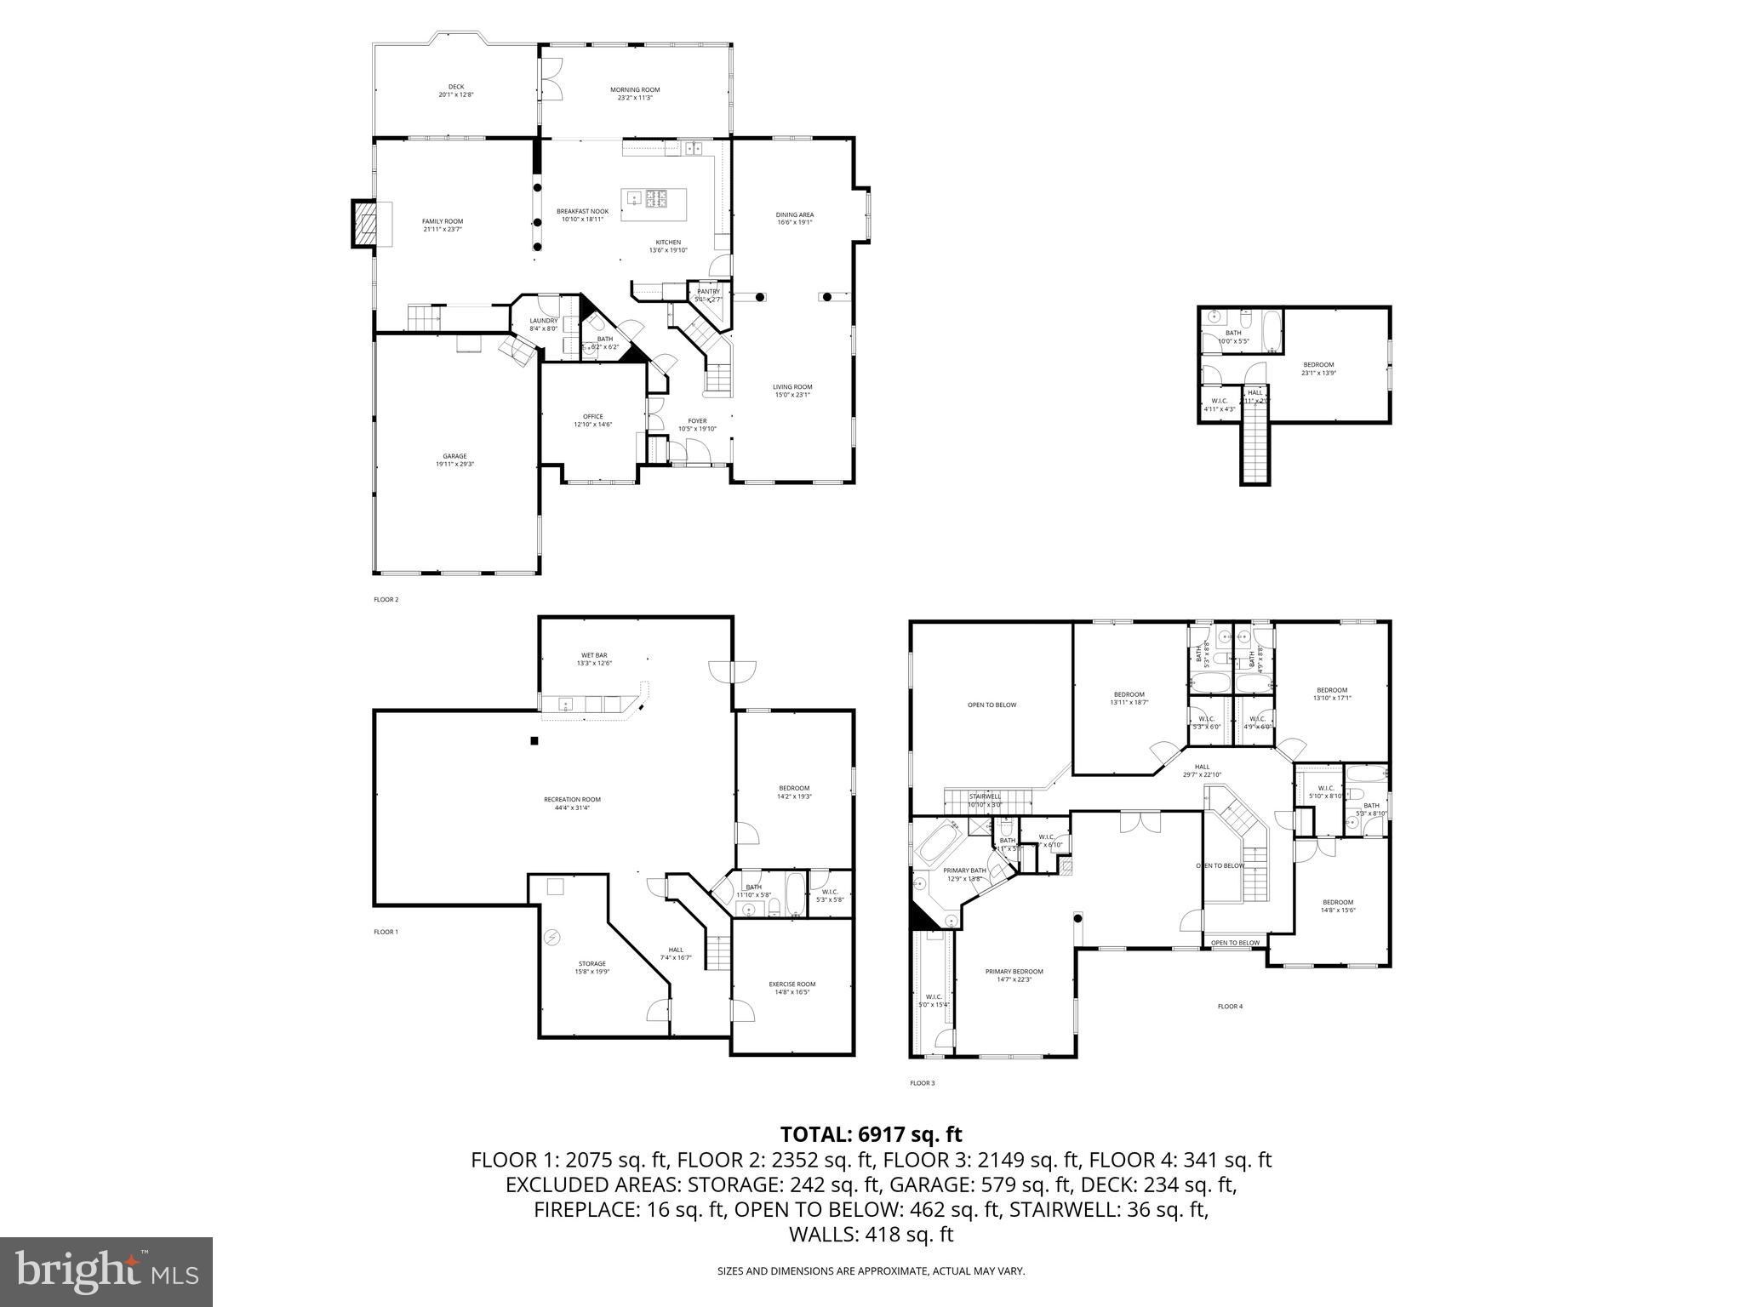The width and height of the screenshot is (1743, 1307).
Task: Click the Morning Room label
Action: (634, 90)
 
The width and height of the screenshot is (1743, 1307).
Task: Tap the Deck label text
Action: (456, 87)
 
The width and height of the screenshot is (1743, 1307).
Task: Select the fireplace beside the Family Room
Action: (365, 224)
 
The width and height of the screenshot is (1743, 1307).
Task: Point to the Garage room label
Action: (454, 456)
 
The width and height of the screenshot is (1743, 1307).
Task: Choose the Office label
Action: (592, 417)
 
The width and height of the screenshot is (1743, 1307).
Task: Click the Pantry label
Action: (708, 292)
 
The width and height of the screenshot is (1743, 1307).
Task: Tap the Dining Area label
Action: (795, 214)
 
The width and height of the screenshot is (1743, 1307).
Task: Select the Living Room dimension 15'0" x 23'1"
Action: (792, 395)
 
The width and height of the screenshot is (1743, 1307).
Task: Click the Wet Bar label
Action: (592, 655)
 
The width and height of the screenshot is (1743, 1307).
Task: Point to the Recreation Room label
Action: (572, 799)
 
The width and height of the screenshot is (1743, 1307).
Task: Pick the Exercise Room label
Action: (791, 984)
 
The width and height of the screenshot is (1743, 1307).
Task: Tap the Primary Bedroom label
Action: (1014, 971)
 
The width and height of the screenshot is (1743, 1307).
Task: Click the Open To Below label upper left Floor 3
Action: (992, 705)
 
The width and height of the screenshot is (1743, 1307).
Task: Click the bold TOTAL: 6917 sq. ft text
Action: (871, 1134)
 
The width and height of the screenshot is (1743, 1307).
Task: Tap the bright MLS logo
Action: (106, 1271)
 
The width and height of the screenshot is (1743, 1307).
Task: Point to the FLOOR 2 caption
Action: (386, 600)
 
